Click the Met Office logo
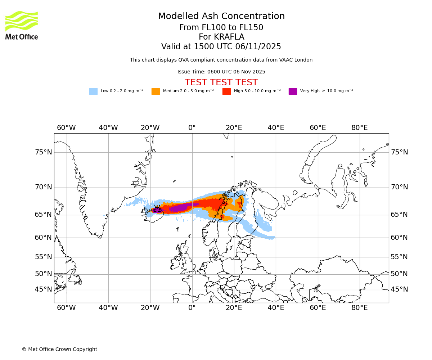coord(22,25)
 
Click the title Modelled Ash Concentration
coord(221,17)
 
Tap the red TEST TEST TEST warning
coord(221,83)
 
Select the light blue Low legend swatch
coord(93,91)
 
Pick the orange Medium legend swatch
coord(156,91)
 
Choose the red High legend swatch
coord(226,91)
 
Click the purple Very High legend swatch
coord(293,91)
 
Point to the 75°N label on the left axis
coord(44,152)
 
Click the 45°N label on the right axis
coord(399,289)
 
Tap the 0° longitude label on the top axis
coord(192,128)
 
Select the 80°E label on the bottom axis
coord(360,308)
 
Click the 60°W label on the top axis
coord(66,128)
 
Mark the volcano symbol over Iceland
coord(157,209)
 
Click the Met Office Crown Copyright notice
coord(59,350)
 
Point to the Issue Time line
coord(221,72)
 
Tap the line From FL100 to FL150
coord(221,28)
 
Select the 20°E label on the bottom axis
coord(234,308)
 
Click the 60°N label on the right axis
coord(399,238)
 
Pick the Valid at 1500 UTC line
coord(221,47)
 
